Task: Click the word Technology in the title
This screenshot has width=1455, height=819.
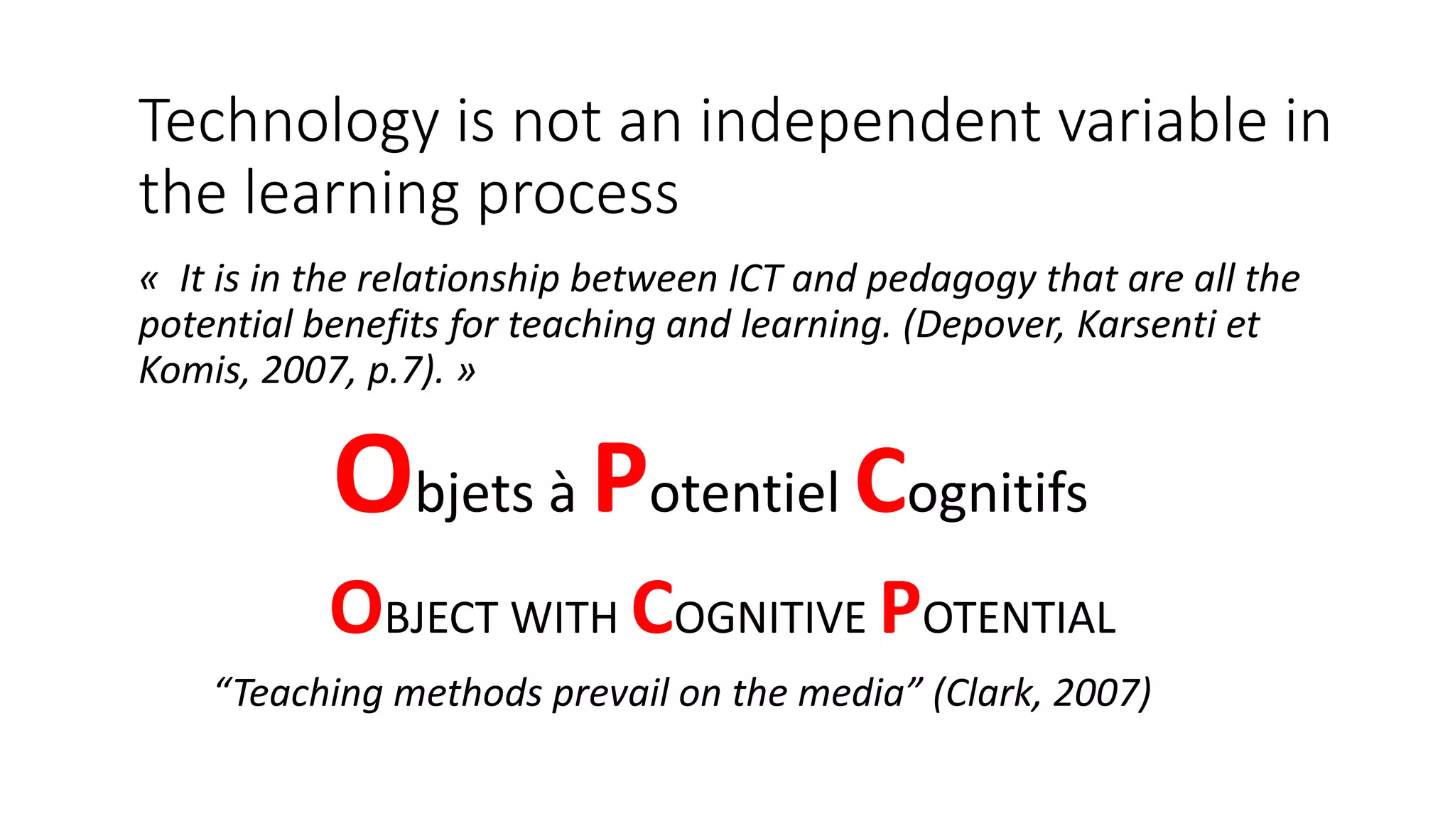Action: point(288,122)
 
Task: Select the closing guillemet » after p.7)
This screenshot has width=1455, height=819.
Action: point(466,371)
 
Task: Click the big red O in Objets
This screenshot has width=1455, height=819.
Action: point(373,474)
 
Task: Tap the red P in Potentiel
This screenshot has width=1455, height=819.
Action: point(620,478)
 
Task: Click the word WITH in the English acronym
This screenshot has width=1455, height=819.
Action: point(564,617)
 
